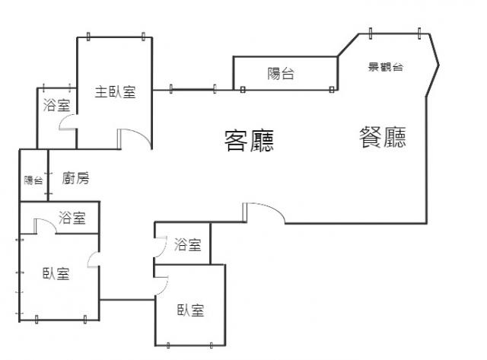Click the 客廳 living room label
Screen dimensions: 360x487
pos(249,141)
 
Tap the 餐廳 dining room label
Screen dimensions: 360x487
pos(383,137)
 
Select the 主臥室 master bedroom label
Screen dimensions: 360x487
pos(116,93)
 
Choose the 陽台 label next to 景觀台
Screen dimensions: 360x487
pos(281,74)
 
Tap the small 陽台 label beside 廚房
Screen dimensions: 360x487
pos(33,180)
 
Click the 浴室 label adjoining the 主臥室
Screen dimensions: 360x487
pos(57,106)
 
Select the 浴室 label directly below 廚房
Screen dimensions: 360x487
pos(72,218)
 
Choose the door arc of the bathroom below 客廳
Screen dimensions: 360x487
pos(160,246)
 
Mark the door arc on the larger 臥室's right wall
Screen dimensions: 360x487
pos(92,260)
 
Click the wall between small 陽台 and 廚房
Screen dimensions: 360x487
pos(48,177)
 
